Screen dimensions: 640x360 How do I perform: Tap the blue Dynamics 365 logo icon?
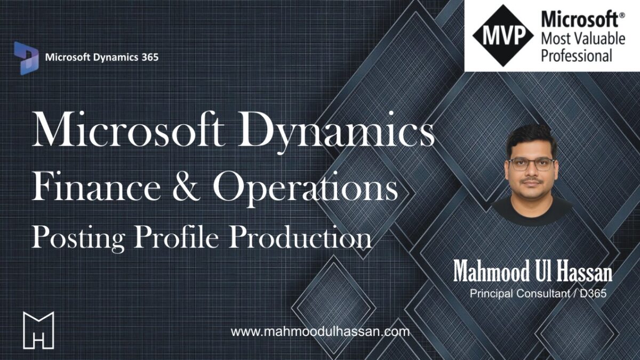tap(26, 58)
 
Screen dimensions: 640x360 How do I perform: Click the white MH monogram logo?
tap(38, 330)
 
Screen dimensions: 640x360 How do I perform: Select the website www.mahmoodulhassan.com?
tap(321, 332)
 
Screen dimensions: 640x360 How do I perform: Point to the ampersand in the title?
tap(187, 186)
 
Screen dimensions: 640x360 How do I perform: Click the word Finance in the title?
tap(96, 186)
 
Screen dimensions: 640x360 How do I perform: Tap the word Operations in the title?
tap(306, 189)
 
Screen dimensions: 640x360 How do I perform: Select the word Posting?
tap(78, 238)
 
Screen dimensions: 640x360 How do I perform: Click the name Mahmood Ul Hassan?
tap(533, 271)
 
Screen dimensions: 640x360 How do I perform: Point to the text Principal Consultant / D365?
tap(538, 293)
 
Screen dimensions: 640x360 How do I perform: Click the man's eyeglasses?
tap(531, 165)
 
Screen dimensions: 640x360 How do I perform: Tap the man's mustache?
tap(531, 181)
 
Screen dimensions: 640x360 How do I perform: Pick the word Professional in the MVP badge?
tap(577, 55)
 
